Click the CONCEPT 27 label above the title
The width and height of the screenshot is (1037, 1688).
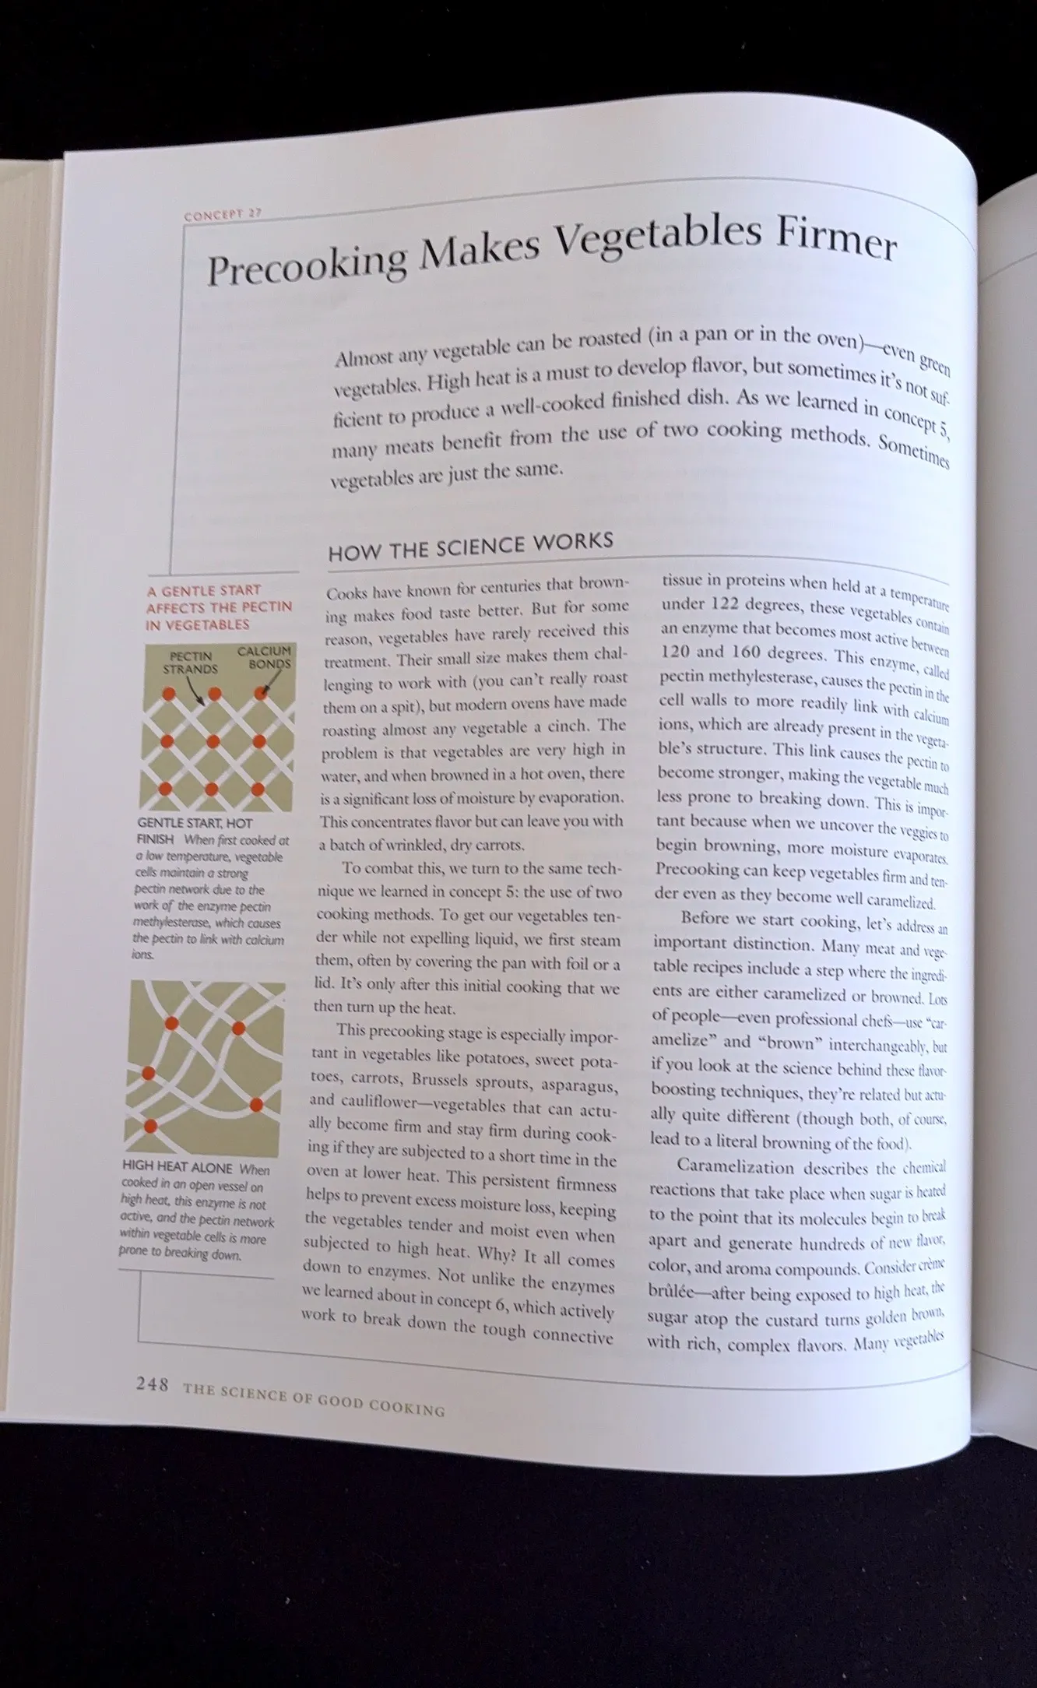(222, 215)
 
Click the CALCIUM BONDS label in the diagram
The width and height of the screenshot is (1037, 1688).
(265, 657)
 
